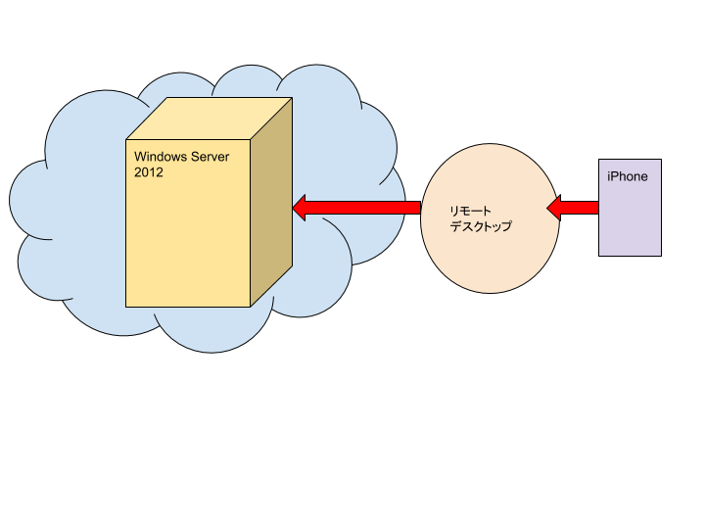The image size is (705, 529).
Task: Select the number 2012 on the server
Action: coord(149,172)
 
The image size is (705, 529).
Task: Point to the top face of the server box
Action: coord(210,118)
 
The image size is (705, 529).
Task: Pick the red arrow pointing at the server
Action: coord(356,207)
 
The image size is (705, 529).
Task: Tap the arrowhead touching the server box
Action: coord(302,207)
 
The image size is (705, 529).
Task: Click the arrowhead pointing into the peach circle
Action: coord(554,207)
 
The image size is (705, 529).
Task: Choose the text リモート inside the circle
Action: coord(471,211)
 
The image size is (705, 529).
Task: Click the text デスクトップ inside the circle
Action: coord(481,226)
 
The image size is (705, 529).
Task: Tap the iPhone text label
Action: coord(628,176)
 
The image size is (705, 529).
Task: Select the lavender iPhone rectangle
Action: coord(630,220)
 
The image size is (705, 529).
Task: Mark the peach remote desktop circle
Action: coord(490,255)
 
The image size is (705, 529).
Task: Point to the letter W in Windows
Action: coord(139,157)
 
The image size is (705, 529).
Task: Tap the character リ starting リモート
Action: coord(454,211)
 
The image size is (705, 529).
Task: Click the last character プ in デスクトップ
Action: coord(506,226)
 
